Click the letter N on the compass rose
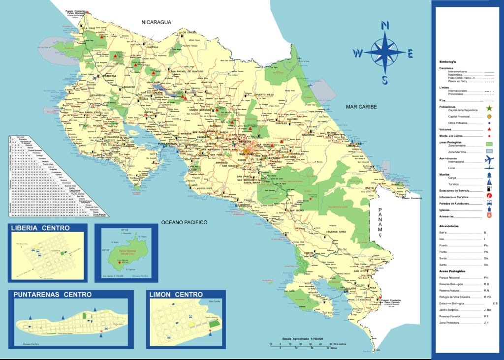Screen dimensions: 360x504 (385, 26)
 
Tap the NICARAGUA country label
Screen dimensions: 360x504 (156, 23)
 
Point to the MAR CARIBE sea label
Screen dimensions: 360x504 (361, 107)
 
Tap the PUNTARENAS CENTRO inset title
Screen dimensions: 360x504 (53, 295)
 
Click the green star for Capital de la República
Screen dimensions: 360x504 (489, 108)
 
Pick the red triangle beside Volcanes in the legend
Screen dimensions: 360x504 (489, 129)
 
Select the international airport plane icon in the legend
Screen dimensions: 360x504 (489, 159)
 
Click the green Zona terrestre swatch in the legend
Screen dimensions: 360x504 (489, 144)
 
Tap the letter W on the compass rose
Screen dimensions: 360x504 (359, 53)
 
